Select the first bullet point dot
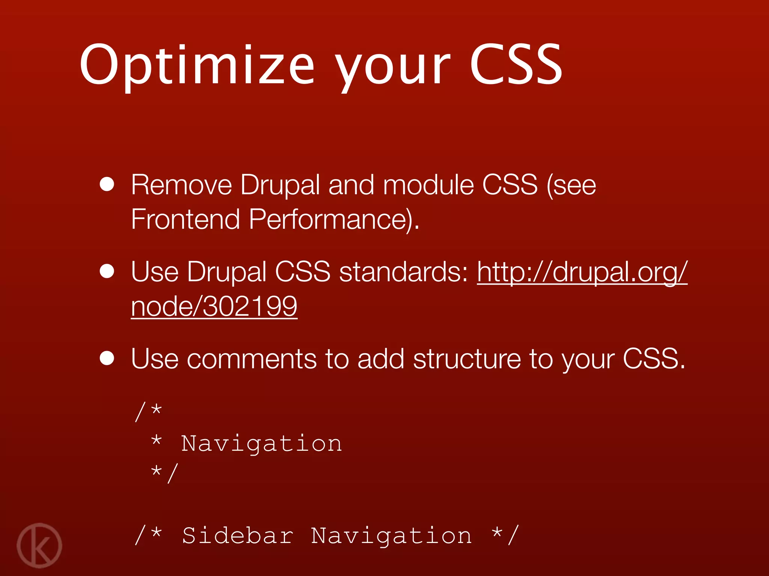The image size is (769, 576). tap(107, 184)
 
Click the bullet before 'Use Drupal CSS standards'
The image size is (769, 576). tap(107, 271)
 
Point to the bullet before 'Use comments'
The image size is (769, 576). tap(107, 358)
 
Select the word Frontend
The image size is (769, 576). tap(185, 219)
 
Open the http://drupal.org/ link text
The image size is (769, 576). tap(582, 271)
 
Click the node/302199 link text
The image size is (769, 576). tap(214, 306)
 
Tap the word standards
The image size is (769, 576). tap(404, 271)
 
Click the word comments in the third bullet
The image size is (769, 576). tap(252, 359)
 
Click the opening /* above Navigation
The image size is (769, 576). tap(148, 411)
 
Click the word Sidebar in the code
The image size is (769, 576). tap(237, 535)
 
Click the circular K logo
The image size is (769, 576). tap(39, 545)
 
